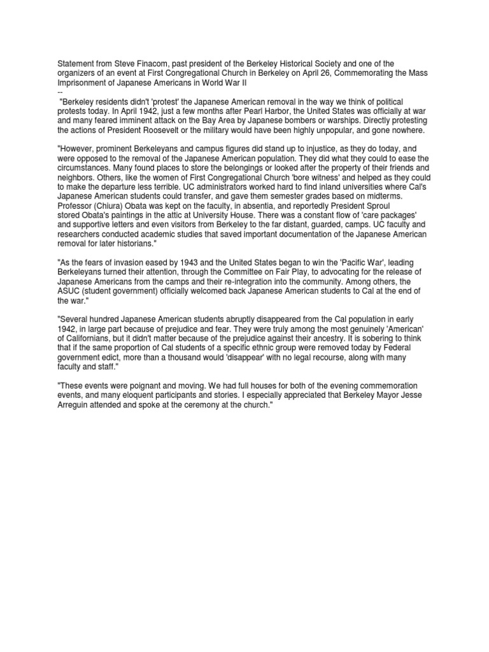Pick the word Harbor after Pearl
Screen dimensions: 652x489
[x=272, y=111]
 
